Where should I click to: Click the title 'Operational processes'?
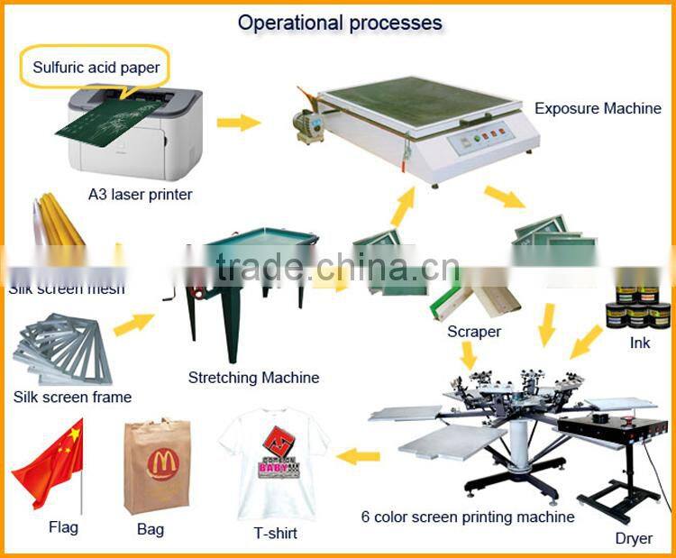[x=340, y=23]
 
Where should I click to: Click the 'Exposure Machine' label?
[x=598, y=109]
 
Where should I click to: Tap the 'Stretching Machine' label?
[x=253, y=378]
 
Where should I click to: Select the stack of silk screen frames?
[x=63, y=347]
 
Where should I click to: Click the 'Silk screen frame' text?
[x=72, y=397]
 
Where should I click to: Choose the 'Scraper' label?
[x=474, y=332]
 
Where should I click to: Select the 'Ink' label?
[x=640, y=343]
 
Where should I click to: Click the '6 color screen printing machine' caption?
[x=468, y=517]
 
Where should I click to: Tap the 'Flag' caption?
[x=63, y=527]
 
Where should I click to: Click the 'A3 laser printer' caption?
[x=140, y=194]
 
